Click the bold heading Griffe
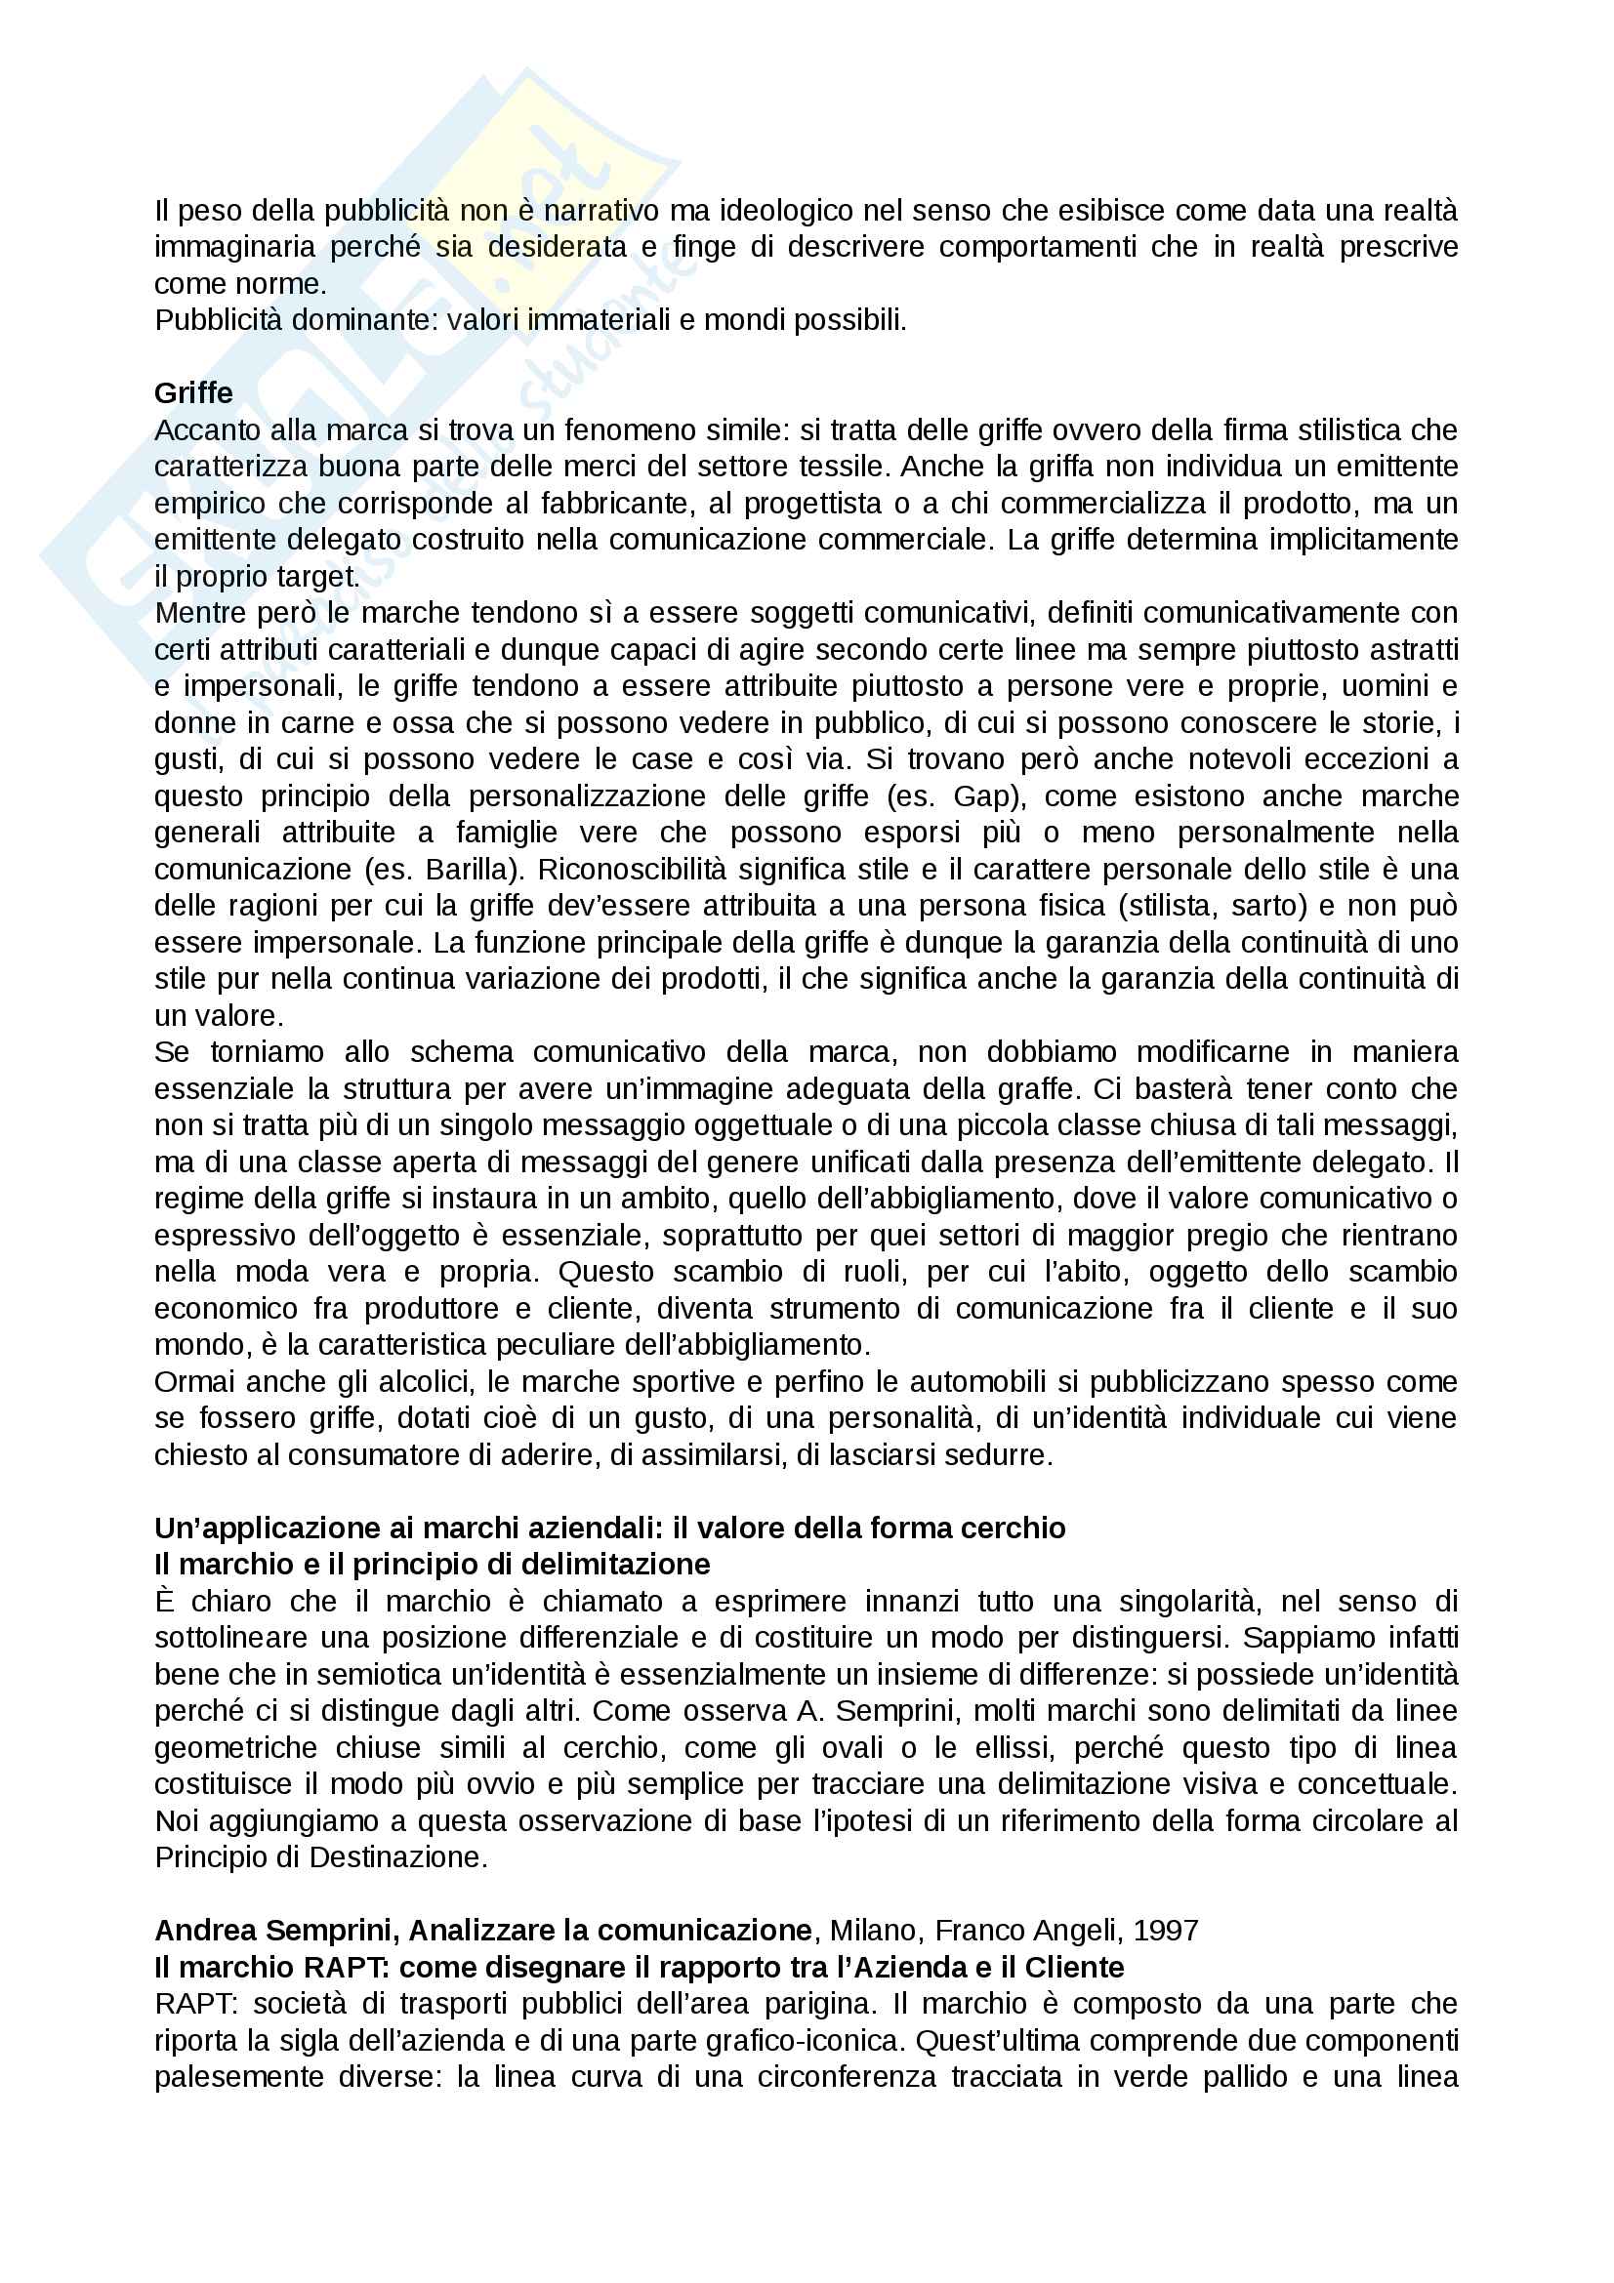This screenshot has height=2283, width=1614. pos(193,392)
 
